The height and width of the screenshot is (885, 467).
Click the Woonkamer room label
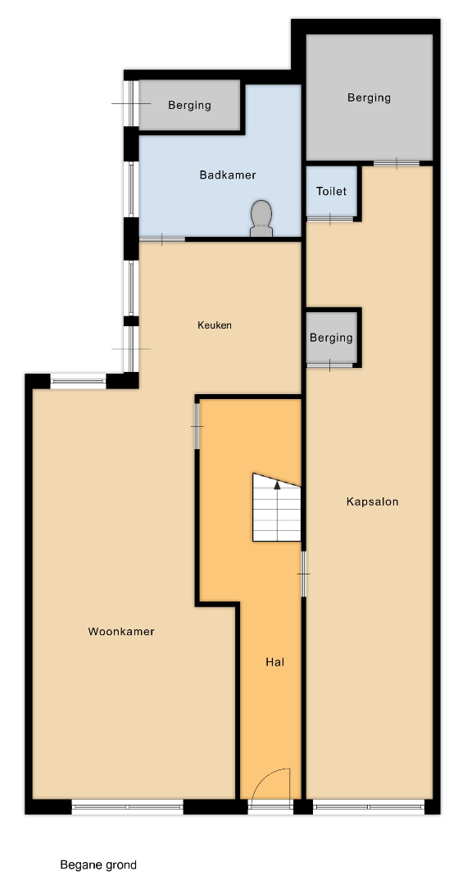pos(120,632)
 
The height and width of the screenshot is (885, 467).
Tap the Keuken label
pos(215,325)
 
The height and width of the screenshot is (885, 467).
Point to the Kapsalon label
pos(372,501)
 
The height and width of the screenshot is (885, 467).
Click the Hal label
pos(274,661)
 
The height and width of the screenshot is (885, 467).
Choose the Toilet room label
pos(331,191)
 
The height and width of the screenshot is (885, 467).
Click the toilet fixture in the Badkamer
pos(261,219)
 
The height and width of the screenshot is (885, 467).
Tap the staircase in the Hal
pos(276,507)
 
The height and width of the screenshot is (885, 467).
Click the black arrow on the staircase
pos(277,484)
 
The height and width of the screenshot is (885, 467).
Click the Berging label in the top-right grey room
pos(369,98)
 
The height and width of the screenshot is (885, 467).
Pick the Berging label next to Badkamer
pos(189,106)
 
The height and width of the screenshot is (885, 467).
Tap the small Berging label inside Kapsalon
pos(331,338)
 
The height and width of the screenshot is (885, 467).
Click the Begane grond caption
pos(98,865)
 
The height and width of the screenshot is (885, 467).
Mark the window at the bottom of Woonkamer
pos(128,807)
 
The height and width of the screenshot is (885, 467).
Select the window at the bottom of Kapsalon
pos(369,807)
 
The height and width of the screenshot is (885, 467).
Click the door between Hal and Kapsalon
pos(303,574)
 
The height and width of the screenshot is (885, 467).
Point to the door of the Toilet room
pos(330,219)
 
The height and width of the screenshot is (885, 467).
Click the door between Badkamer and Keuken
pos(162,240)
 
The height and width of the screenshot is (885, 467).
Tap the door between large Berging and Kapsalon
pos(397,164)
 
